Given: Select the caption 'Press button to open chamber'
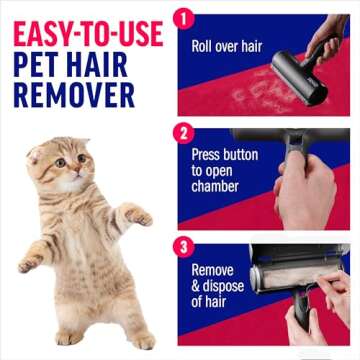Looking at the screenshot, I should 225,169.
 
